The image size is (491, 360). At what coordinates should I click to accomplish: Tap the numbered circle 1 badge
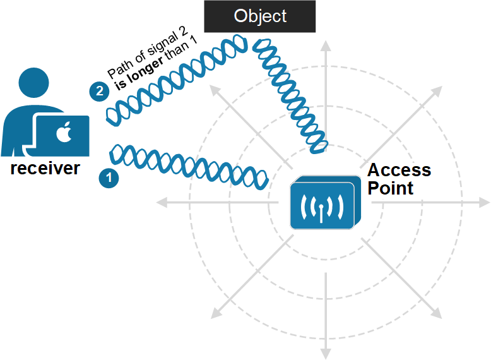109,178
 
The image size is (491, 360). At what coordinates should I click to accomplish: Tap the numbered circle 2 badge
98,92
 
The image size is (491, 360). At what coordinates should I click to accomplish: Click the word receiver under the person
45,168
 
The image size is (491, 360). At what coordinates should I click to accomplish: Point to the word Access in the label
399,171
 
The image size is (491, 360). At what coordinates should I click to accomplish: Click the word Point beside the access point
390,188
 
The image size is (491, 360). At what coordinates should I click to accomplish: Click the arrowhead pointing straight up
326,46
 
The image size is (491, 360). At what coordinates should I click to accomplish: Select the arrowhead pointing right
483,203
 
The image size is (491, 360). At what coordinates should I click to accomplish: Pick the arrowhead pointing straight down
326,352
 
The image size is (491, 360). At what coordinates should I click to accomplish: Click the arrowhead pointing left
162,203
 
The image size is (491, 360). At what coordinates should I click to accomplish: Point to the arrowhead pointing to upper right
437,91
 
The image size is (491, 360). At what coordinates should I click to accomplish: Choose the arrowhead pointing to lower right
436,313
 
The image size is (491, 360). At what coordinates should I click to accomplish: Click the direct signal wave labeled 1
189,164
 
